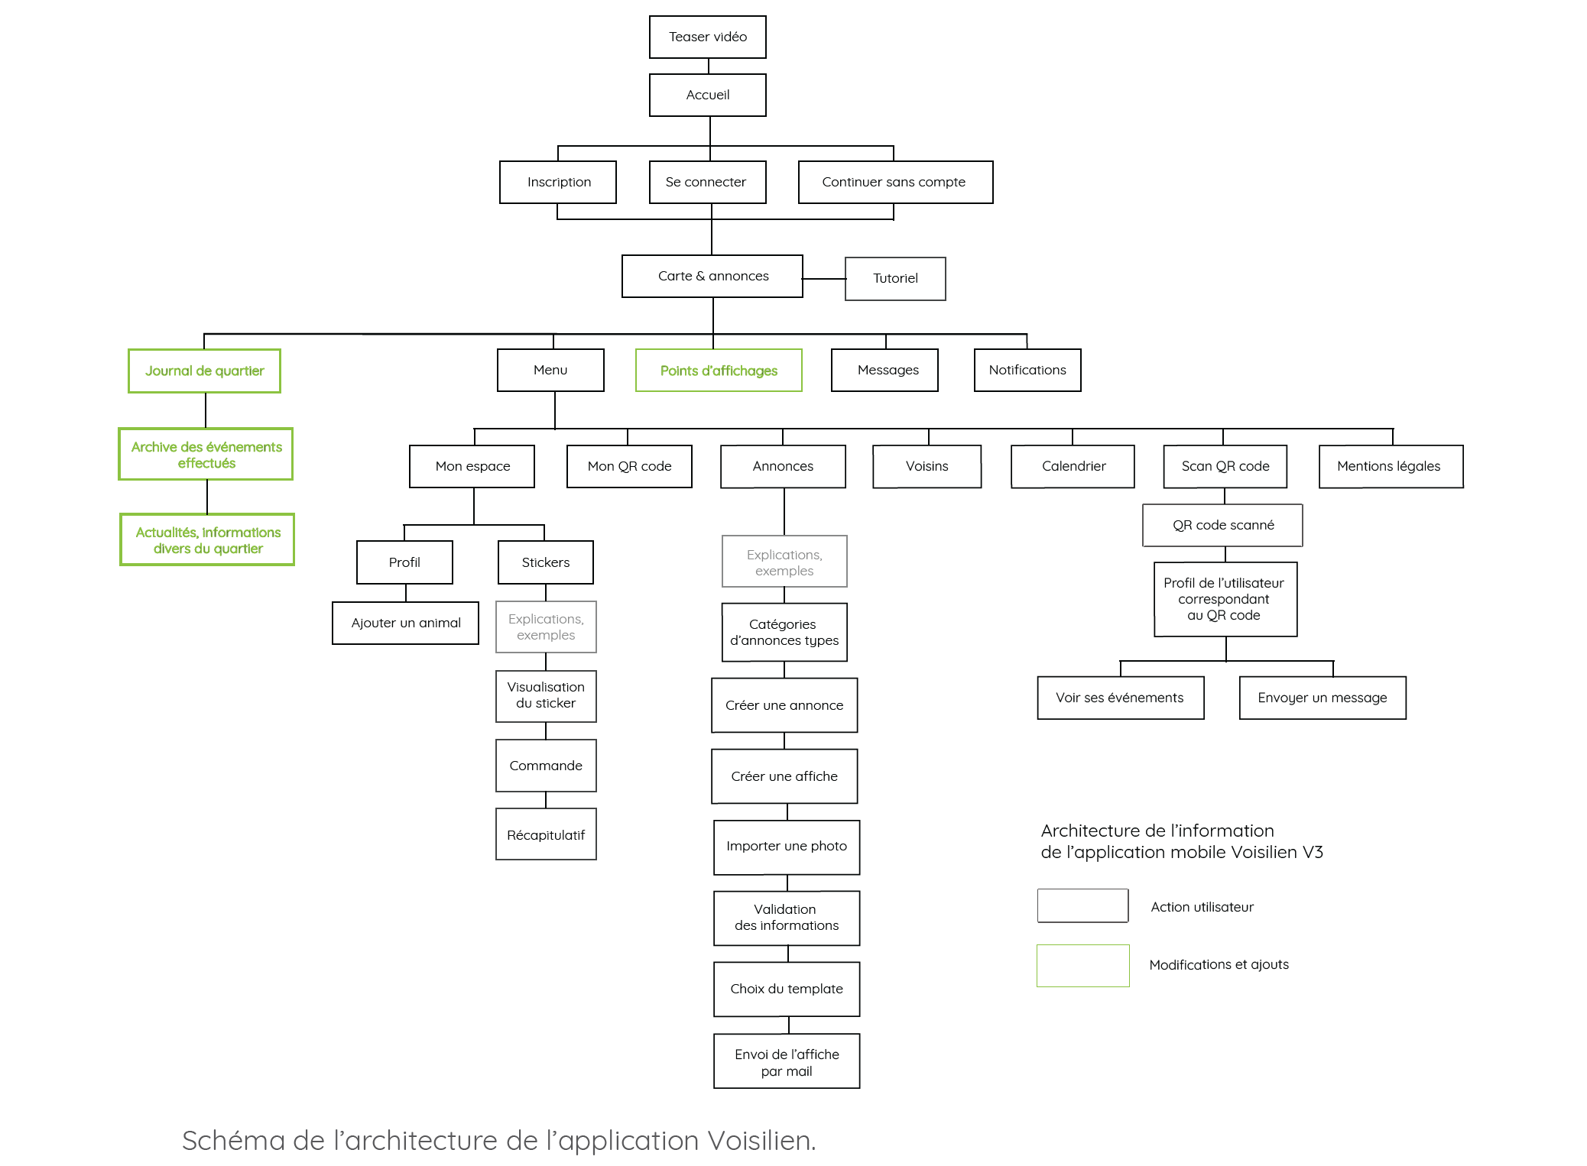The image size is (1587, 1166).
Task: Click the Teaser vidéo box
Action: click(x=707, y=37)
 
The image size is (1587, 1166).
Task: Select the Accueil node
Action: click(x=707, y=95)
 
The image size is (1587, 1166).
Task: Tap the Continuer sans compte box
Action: click(x=895, y=182)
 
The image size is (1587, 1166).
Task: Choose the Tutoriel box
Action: click(x=895, y=279)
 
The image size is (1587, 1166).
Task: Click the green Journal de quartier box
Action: click(x=204, y=371)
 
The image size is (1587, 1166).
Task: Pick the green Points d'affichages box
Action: click(x=719, y=371)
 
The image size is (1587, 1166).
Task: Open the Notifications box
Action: click(x=1027, y=371)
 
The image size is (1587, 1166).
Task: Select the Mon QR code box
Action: click(x=629, y=466)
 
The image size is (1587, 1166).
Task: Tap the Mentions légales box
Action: click(x=1391, y=466)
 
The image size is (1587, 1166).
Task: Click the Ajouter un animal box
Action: click(x=405, y=623)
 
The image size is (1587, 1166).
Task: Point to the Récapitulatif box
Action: click(x=546, y=834)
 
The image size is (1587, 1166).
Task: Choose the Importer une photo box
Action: click(x=787, y=847)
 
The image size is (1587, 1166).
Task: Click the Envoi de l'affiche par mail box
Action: click(x=787, y=1061)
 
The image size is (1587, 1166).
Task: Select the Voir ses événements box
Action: click(x=1120, y=698)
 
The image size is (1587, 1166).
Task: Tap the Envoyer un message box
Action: click(x=1322, y=698)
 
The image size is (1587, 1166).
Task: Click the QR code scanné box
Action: click(x=1222, y=525)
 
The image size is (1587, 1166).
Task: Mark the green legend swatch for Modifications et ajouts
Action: click(x=1082, y=965)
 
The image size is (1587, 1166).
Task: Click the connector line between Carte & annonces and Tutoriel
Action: click(x=824, y=279)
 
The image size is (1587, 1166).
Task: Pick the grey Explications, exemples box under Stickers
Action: click(x=546, y=627)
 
